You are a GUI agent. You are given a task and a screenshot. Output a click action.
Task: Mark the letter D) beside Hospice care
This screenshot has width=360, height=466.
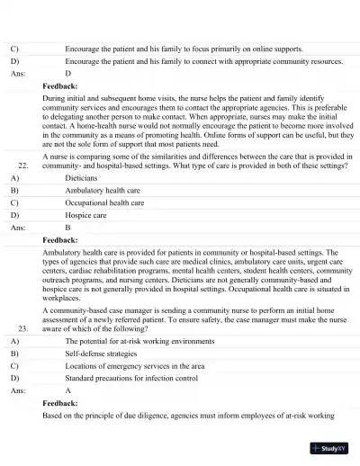point(14,216)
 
